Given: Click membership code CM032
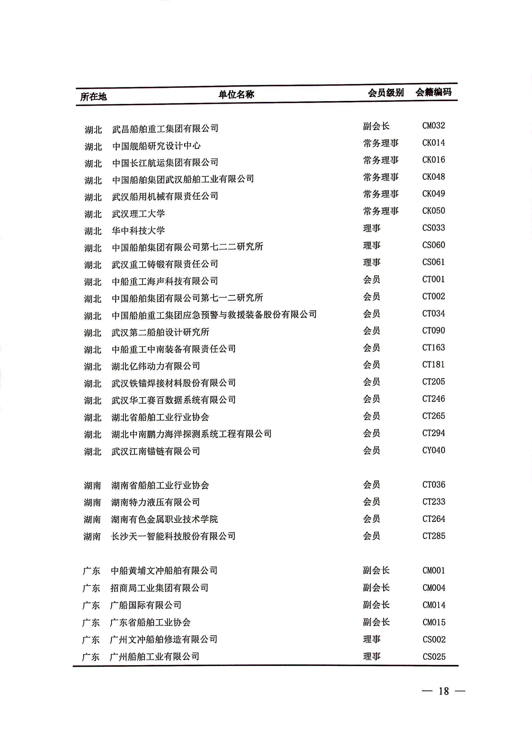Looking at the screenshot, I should [433, 126].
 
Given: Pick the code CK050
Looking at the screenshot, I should [433, 211].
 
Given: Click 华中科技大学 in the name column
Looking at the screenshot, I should [138, 231].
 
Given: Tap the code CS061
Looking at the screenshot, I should [433, 262].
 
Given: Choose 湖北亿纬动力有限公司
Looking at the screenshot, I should [156, 366].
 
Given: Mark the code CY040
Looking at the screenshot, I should [433, 450].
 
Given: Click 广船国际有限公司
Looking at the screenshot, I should [146, 605].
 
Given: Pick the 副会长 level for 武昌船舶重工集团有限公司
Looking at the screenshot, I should [376, 126].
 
